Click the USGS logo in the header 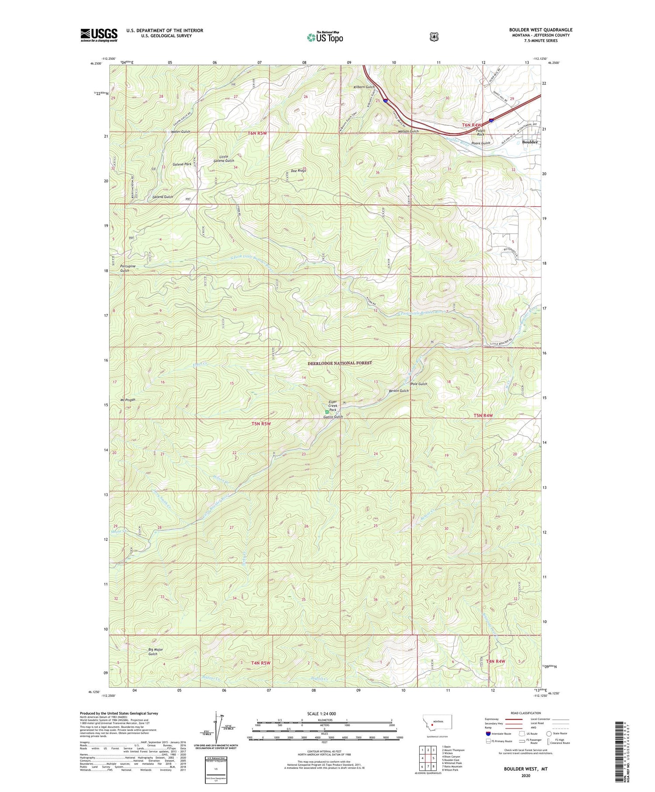point(99,35)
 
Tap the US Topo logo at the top point(325,37)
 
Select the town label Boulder point(530,142)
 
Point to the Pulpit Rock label point(480,132)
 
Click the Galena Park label point(182,164)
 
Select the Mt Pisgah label point(128,400)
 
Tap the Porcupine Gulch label point(128,268)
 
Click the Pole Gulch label point(419,384)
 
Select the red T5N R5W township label point(261,424)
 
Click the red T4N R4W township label point(495,661)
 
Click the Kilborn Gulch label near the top point(364,87)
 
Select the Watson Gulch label point(408,131)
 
